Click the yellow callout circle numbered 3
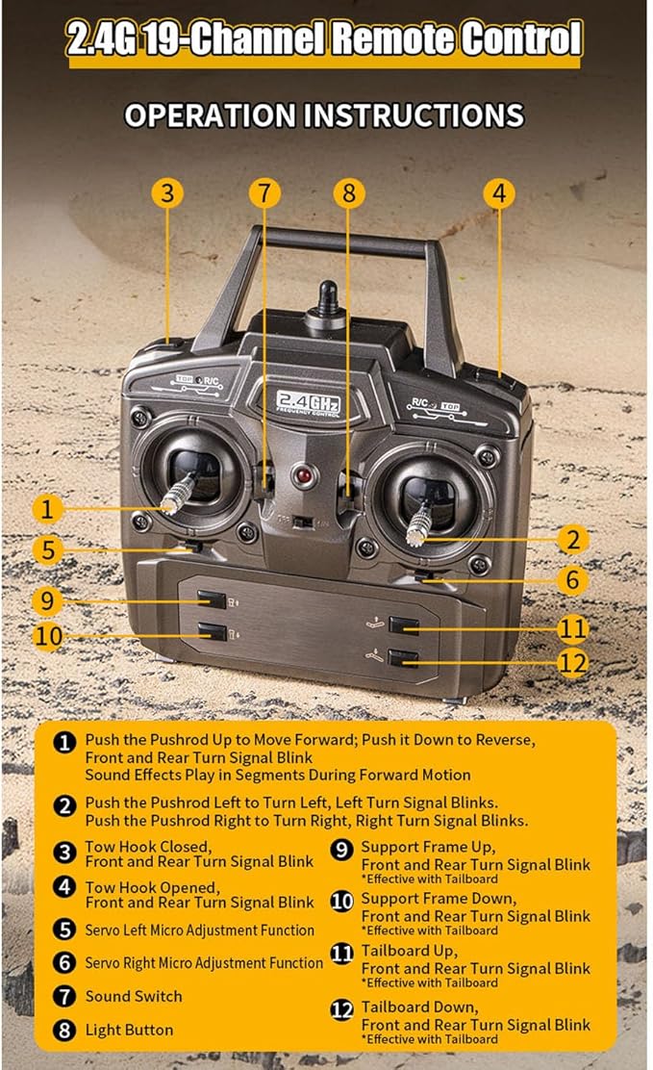167,193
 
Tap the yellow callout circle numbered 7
264,193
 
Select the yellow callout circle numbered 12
572,663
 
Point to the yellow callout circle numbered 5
48,550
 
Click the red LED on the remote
304,475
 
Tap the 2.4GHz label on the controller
308,402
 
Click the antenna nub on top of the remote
328,299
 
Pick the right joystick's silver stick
417,525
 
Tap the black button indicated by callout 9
213,599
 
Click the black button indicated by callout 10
213,632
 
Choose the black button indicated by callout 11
404,625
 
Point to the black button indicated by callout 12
403,658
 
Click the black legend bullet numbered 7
64,996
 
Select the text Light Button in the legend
129,1030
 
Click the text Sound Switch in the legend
134,996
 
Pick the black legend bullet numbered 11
341,953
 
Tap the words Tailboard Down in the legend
419,1006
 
